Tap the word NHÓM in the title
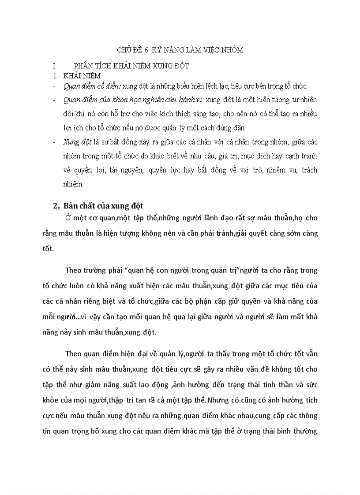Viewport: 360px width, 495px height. coord(232,50)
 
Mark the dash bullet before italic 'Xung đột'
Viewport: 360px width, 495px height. coord(54,142)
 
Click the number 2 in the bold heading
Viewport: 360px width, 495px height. coord(56,206)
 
